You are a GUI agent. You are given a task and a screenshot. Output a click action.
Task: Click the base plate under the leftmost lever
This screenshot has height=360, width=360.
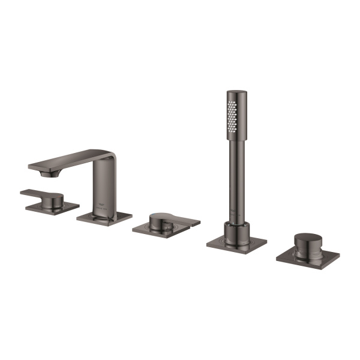pos(58,208)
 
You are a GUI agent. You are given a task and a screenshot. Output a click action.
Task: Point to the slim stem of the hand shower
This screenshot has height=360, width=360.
pos(233,174)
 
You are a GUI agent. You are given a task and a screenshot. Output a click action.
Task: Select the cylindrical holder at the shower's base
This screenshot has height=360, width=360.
pos(236,231)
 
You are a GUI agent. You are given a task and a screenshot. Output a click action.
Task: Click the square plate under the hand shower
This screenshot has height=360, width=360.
pos(236,244)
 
